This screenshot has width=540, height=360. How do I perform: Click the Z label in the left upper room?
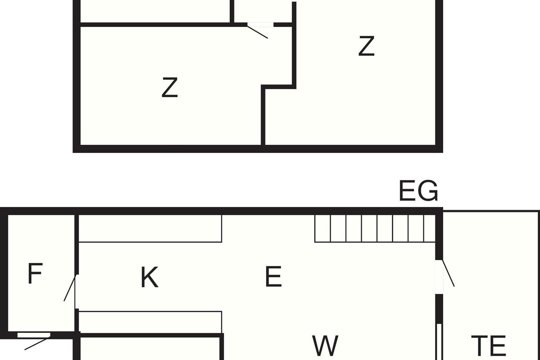170,87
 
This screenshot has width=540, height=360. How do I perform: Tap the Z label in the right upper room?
366,46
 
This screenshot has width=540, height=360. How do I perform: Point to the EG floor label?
418,190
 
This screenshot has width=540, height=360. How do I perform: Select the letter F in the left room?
36,274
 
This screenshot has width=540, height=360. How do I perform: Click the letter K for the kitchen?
149,277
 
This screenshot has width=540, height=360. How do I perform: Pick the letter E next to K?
274,276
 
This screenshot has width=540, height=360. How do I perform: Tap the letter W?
325,345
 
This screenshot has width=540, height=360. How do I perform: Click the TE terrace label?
488,346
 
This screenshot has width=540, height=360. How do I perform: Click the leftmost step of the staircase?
323,228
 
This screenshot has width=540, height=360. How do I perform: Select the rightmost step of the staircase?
430,228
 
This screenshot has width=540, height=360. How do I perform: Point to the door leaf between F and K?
70,288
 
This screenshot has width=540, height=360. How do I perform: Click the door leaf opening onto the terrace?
448,273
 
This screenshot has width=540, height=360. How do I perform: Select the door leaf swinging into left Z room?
257,32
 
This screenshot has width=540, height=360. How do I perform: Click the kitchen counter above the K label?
150,228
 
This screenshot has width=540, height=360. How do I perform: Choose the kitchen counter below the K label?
150,322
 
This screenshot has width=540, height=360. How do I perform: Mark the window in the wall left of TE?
439,342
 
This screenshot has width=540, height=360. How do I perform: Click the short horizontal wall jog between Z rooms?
279,87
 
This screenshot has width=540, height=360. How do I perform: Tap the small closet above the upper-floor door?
263,11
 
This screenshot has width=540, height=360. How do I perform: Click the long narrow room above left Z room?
155,11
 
